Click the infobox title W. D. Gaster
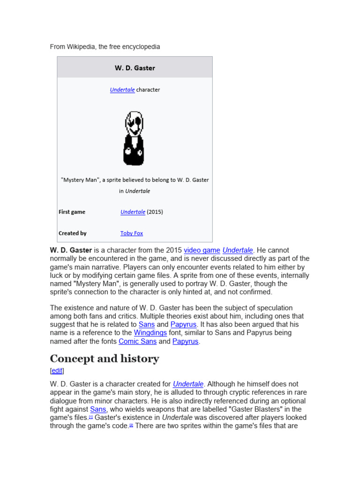tap(135, 68)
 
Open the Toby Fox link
tap(132, 233)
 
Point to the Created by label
tap(72, 233)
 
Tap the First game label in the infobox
tap(72, 212)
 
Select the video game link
tap(202, 250)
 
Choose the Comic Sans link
tap(137, 341)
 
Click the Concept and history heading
tap(105, 359)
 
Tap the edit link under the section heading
tap(57, 371)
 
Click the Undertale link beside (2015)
tap(133, 212)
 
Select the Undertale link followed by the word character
tap(122, 90)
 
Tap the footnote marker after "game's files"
tap(91, 417)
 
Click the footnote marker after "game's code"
tap(131, 426)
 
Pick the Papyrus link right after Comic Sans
tap(185, 341)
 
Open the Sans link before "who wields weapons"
tap(98, 409)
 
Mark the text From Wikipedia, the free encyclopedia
tap(105, 47)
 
